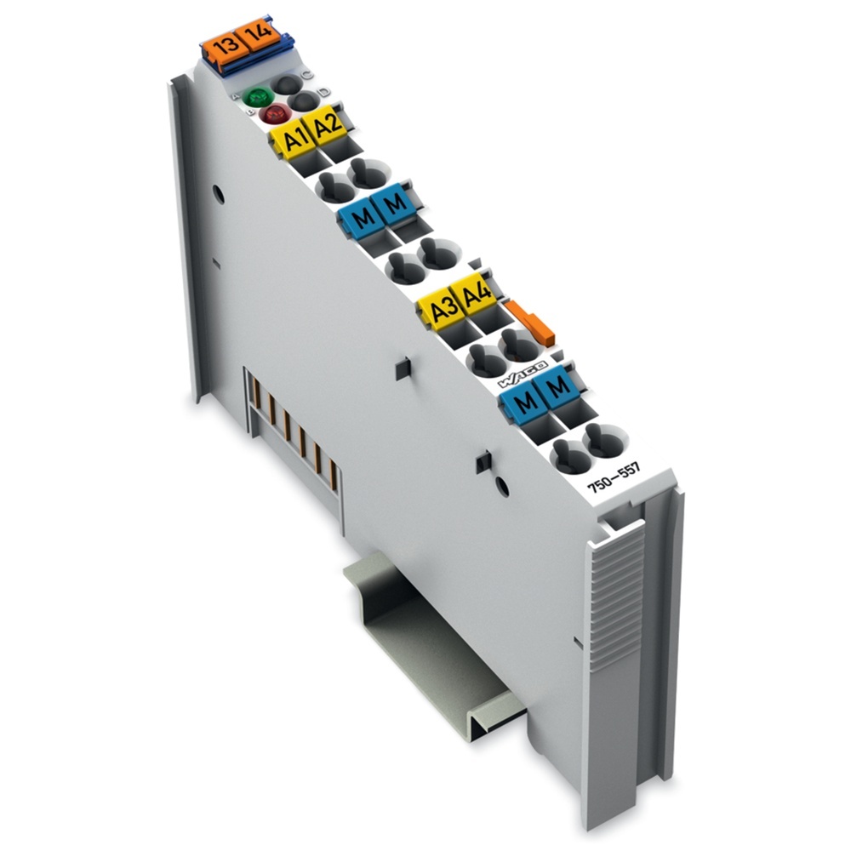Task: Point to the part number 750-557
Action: [618, 483]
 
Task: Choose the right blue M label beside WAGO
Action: [557, 387]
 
